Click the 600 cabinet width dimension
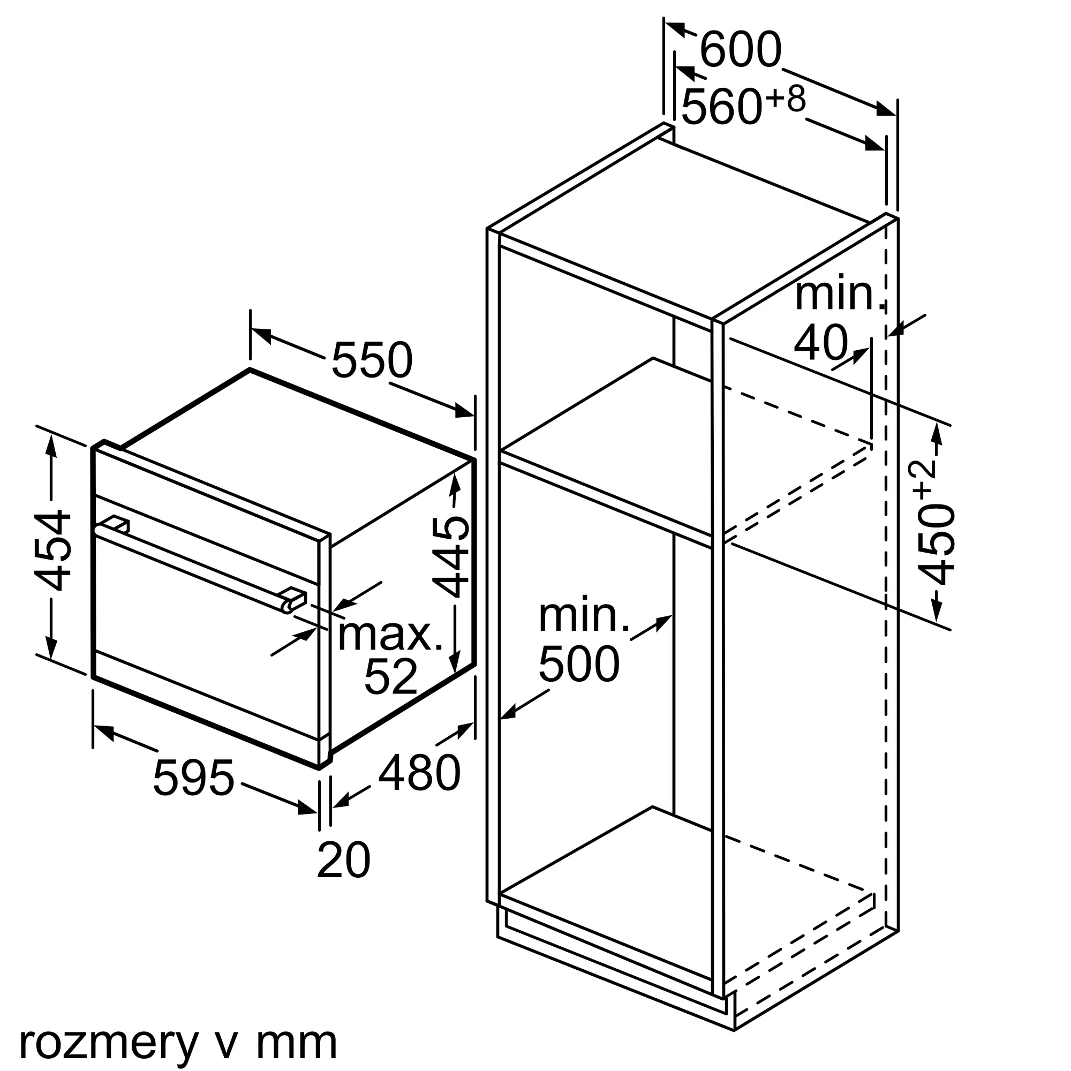click(741, 50)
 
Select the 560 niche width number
click(721, 107)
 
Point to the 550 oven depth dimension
click(372, 360)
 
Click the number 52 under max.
click(390, 677)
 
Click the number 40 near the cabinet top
click(821, 344)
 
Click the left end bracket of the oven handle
click(117, 523)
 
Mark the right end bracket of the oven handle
click(293, 600)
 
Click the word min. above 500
click(584, 616)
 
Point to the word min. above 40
click(840, 295)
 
